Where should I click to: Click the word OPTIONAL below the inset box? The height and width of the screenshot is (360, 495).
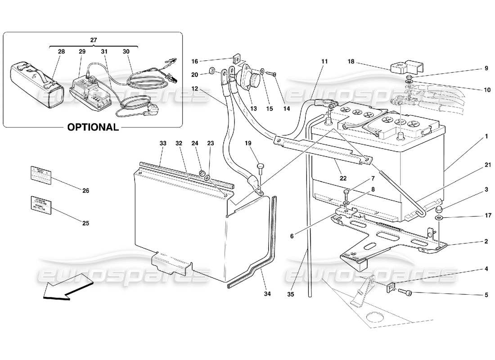coord(93,127)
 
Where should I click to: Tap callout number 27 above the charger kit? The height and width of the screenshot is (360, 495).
coord(93,40)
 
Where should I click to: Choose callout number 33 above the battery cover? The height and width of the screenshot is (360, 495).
coord(163,143)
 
